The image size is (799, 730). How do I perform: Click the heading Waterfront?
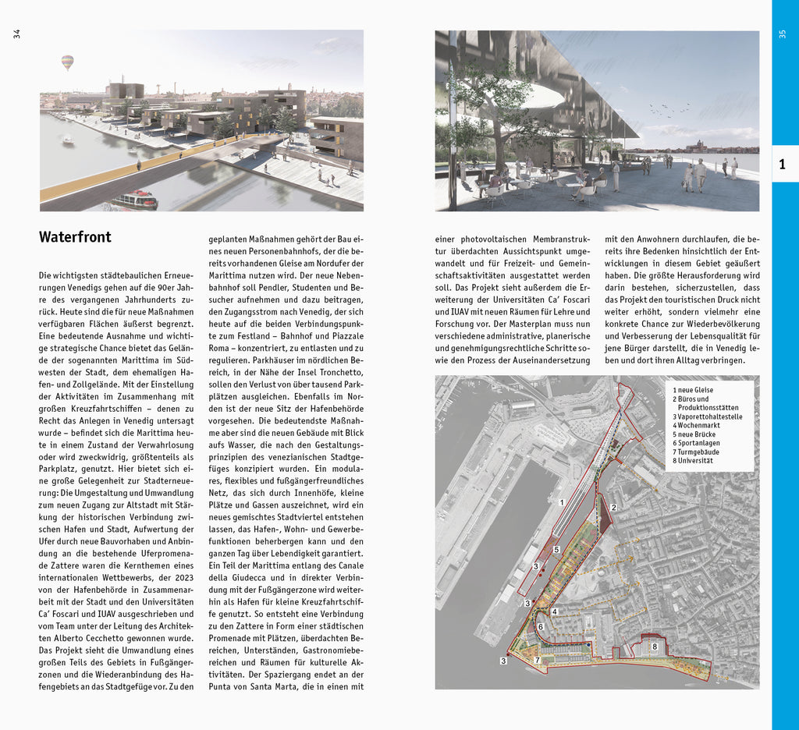[75, 237]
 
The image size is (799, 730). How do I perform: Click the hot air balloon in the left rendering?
[68, 62]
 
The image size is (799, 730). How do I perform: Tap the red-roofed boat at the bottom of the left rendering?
[134, 200]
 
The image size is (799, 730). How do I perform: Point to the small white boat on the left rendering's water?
[68, 141]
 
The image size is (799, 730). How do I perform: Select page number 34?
[16, 34]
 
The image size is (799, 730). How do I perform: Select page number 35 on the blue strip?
[783, 34]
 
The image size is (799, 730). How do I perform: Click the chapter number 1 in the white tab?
[783, 164]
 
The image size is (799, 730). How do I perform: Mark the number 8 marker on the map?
[655, 647]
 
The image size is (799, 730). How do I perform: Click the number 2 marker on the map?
[614, 508]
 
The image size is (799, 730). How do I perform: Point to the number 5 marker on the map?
[556, 550]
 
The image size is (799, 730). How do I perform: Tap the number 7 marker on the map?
[537, 661]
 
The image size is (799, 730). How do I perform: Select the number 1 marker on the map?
[562, 503]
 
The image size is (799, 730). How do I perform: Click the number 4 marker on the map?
[554, 612]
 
